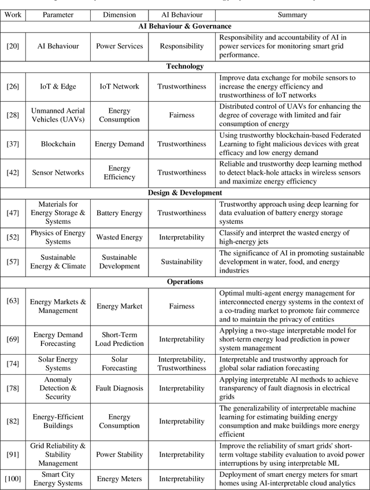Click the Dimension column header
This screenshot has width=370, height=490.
tap(119, 14)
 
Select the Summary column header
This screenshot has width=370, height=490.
tap(293, 14)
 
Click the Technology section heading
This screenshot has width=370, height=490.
tap(185, 66)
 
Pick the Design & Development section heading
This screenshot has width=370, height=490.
tap(185, 193)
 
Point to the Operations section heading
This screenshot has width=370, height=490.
tap(185, 282)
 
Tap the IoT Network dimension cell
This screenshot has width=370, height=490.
tap(119, 86)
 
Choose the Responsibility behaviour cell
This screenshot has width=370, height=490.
tap(182, 46)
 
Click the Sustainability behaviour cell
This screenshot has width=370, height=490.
tap(182, 261)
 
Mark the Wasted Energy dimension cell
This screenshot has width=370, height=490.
tap(119, 237)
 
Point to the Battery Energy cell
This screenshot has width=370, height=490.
tap(119, 213)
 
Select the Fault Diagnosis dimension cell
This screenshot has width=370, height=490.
tap(119, 388)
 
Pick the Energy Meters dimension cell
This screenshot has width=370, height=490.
tap(119, 478)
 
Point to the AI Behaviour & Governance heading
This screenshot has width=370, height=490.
tap(185, 26)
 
